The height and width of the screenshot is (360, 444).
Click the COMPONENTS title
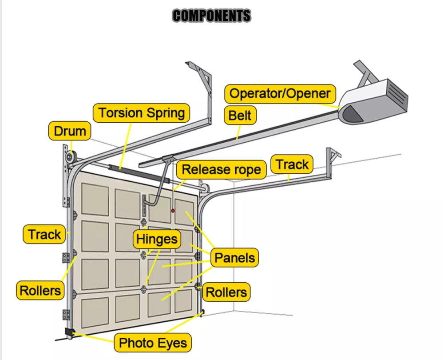tap(211, 16)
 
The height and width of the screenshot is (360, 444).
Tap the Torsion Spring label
tap(141, 113)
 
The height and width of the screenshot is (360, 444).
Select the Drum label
tap(70, 132)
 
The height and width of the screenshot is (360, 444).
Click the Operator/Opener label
tap(280, 94)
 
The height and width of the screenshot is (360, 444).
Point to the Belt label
tap(240, 116)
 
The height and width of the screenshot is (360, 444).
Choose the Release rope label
tap(221, 169)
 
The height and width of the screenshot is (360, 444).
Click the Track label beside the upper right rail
tap(292, 164)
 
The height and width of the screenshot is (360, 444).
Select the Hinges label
tap(156, 239)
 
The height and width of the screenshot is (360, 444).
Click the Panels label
tap(234, 257)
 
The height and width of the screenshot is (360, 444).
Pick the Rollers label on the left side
tap(40, 291)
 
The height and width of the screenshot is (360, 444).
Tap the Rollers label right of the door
tap(226, 292)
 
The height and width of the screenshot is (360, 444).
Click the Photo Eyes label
tap(153, 343)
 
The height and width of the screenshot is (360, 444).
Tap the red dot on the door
tap(173, 211)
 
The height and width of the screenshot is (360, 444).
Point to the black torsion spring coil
tap(120, 168)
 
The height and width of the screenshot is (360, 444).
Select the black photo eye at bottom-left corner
tap(69, 332)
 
